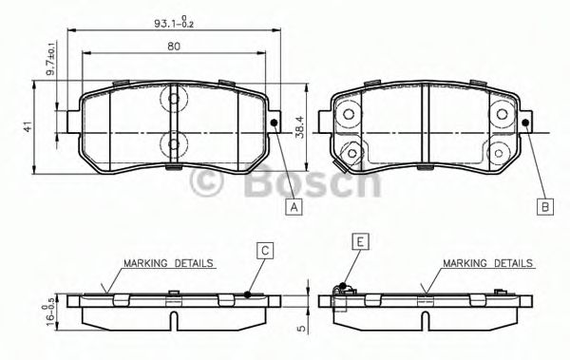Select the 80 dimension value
172,46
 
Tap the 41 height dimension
29,126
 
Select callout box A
294,205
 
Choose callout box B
544,205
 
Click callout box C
266,250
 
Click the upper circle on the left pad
175,99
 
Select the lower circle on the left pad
175,144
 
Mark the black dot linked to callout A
273,123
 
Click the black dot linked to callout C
247,294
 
